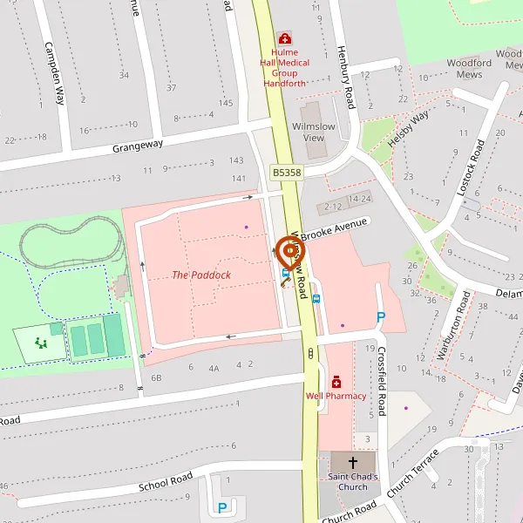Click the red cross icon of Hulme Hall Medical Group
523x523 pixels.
pos(284,38)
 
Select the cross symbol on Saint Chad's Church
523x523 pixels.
pos(353,462)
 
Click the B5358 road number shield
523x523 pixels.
pos(286,173)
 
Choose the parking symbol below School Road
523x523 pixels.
pos(222,507)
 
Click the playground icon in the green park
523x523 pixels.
pos(41,343)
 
